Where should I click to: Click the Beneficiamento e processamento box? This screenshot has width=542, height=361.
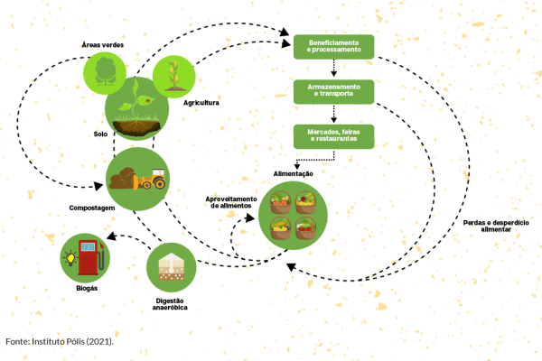pos(333,46)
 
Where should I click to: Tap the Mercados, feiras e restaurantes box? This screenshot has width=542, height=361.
pos(333,135)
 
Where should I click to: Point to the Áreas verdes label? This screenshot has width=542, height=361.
pos(102,44)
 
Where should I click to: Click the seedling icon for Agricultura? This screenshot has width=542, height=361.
pos(173,77)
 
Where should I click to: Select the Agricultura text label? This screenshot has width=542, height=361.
pos(201,103)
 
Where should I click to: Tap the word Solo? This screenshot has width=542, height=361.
pos(99,134)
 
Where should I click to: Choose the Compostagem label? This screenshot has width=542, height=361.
pos(91,208)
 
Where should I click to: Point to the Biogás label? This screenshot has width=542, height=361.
pos(87,289)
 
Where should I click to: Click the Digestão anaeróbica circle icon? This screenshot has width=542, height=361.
pos(171,267)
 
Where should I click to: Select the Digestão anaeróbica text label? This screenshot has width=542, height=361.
pos(170,304)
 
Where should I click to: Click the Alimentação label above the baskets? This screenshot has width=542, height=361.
pos(293,173)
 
